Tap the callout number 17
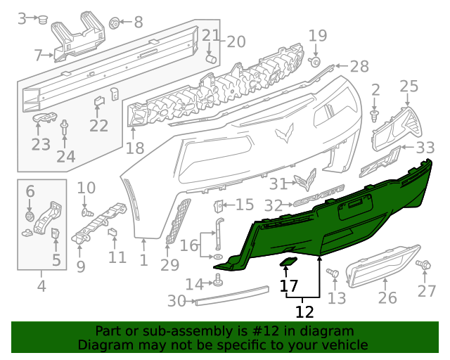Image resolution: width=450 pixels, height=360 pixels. point(289,286)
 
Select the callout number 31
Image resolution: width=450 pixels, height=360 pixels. point(279,184)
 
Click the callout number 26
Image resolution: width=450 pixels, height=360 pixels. point(387,299)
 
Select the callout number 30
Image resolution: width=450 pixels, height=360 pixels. point(177,302)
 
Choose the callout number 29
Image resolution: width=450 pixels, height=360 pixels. point(170,265)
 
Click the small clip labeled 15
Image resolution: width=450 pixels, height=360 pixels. point(218,206)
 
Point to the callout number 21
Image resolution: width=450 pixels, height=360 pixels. point(211,36)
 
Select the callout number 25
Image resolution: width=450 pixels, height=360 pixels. point(409,86)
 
